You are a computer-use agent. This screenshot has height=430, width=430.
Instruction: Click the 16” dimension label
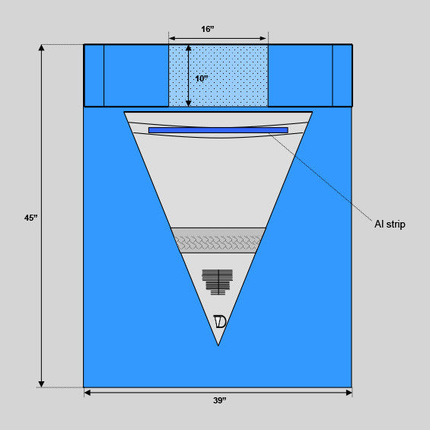(208, 29)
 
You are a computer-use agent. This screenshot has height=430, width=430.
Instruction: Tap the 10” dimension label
(202, 79)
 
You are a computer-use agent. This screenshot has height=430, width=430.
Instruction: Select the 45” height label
(30, 218)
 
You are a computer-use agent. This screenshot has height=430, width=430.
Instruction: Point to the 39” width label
(220, 400)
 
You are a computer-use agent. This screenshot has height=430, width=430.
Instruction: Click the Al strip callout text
(390, 225)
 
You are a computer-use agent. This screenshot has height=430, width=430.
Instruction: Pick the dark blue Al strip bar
(218, 130)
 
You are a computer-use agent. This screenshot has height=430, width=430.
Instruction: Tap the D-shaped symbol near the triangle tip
(220, 322)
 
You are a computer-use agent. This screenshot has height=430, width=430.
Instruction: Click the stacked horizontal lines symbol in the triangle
(218, 282)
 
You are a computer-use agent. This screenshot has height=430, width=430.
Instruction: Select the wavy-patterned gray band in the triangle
(218, 240)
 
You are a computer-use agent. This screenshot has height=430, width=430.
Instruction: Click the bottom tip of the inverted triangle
(218, 346)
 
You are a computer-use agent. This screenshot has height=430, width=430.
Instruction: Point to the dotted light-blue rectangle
(218, 75)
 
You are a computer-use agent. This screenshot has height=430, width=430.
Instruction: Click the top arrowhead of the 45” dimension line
(41, 47)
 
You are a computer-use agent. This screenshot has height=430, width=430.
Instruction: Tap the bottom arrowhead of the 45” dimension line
(41, 384)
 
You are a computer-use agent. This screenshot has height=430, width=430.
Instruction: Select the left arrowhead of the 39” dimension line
(88, 393)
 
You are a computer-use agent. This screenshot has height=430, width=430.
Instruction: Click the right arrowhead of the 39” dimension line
(349, 393)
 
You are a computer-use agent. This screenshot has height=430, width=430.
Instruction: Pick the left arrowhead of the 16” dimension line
(172, 38)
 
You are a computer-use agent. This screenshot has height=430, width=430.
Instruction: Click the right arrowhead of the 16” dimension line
(263, 38)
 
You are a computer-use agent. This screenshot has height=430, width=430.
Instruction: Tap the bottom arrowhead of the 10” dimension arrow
(189, 103)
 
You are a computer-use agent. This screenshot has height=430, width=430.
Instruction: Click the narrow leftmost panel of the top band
(94, 75)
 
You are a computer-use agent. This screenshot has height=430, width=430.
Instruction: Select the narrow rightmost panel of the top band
(342, 75)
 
